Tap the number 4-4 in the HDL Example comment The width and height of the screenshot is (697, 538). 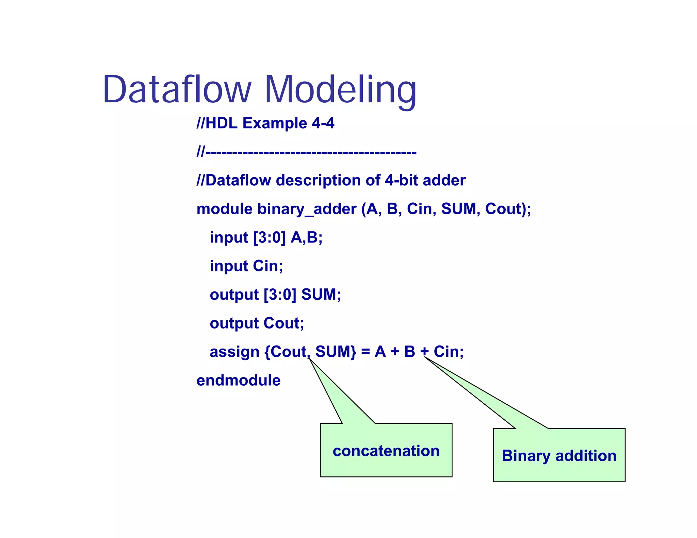(323, 123)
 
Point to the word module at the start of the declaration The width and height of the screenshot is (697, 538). (224, 209)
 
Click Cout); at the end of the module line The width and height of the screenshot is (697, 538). (508, 209)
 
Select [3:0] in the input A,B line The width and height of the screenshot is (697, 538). (269, 237)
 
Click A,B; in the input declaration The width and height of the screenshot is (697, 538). (306, 237)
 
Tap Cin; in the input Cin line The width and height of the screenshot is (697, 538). (268, 266)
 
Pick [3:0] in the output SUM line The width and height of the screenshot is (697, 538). (280, 295)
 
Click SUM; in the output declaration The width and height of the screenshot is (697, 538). (321, 295)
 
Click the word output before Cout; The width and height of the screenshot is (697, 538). (234, 323)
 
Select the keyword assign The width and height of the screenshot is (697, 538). (234, 352)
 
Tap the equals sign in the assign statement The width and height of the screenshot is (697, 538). (366, 352)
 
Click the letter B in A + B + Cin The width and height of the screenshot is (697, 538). (410, 352)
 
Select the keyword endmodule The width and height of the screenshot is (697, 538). (238, 380)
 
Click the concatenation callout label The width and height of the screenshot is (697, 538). (386, 451)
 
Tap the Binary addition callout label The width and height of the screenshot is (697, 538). (559, 456)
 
